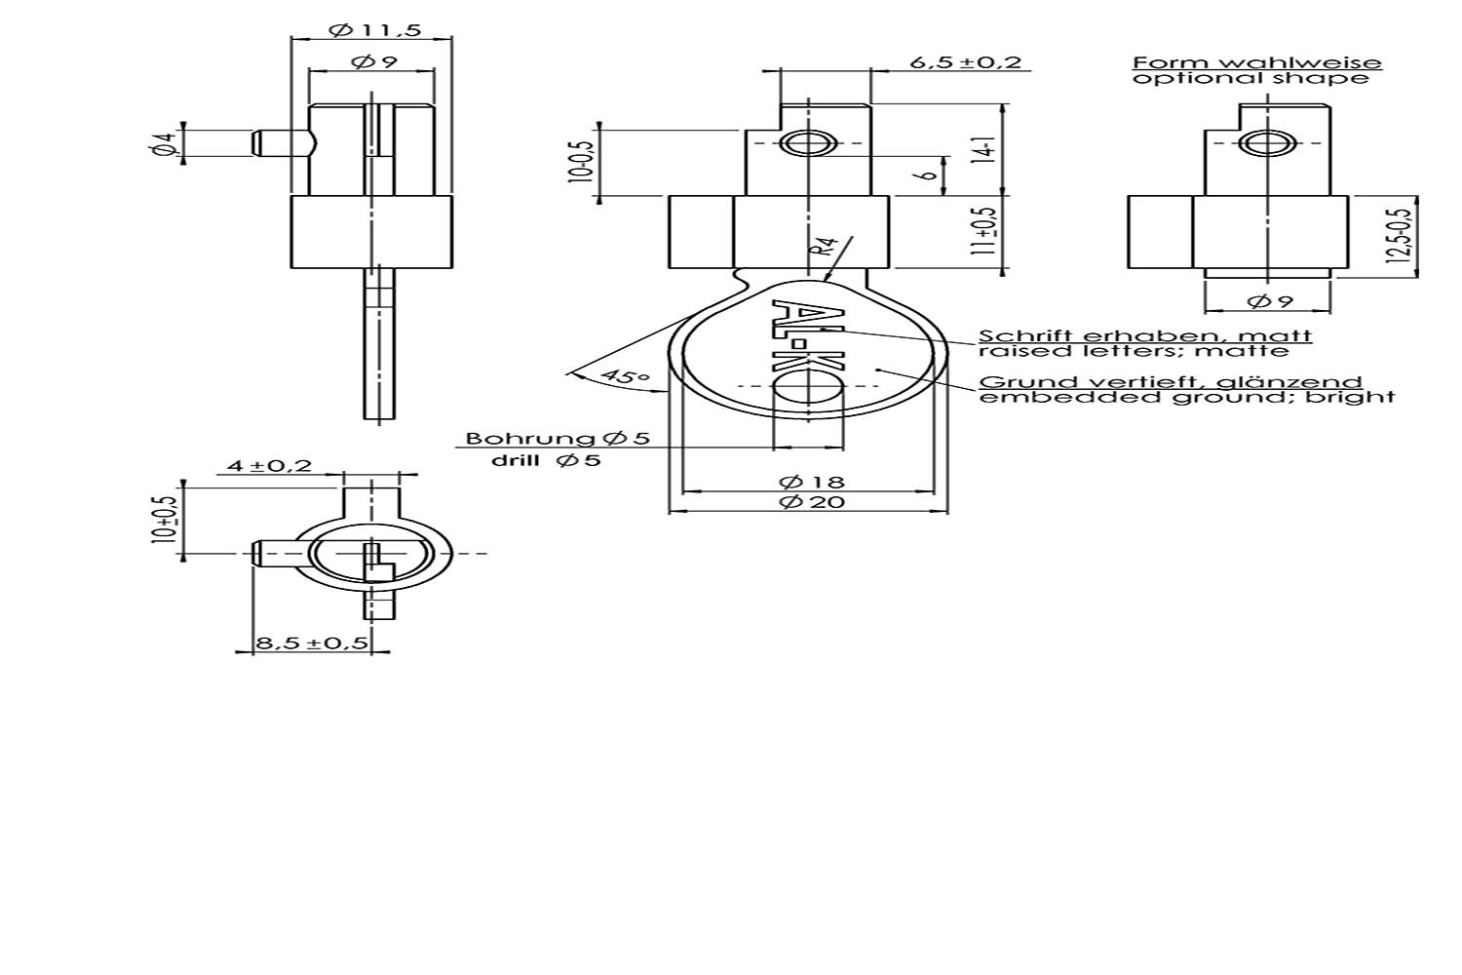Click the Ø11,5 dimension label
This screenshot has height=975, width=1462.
click(x=375, y=30)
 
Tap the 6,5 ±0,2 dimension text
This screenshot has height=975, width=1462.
click(x=965, y=62)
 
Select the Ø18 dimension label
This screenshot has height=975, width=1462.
click(x=811, y=483)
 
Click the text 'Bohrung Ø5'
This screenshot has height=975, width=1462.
click(x=558, y=438)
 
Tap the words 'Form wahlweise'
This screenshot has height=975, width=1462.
click(x=1257, y=63)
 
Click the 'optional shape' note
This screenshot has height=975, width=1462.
click(x=1250, y=78)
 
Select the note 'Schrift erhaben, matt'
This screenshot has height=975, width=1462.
click(x=1145, y=336)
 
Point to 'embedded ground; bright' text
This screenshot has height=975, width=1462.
click(x=1186, y=397)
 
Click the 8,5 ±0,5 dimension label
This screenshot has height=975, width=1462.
click(x=312, y=643)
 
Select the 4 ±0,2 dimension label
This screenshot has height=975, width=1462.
click(x=270, y=466)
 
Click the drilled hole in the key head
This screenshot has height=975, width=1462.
click(x=808, y=386)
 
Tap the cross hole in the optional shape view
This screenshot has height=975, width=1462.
click(x=1267, y=143)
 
